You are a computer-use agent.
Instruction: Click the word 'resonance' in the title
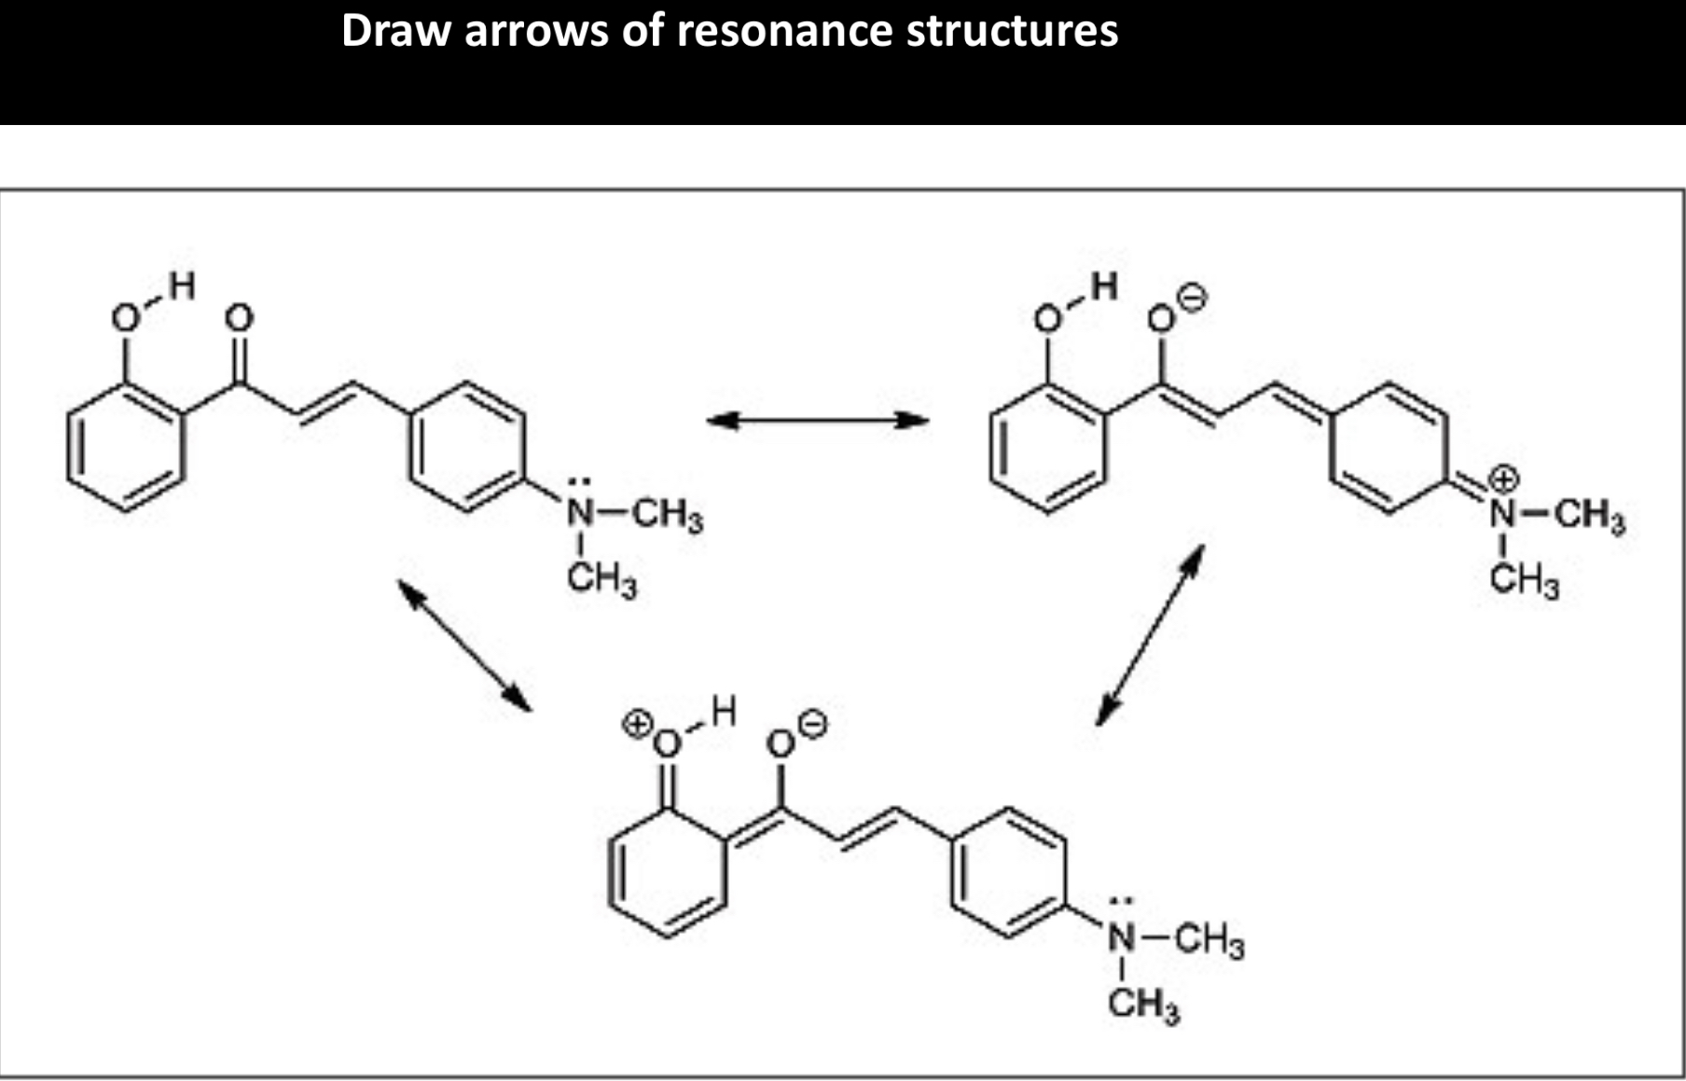click(786, 31)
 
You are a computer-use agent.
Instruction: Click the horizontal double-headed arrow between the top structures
click(817, 420)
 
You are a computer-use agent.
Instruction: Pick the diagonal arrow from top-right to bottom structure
click(1150, 635)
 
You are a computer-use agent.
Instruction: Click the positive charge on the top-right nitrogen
click(1503, 479)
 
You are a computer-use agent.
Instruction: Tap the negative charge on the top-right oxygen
click(1192, 298)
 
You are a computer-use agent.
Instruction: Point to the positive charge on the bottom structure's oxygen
click(638, 725)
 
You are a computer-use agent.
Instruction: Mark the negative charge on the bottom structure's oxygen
click(812, 724)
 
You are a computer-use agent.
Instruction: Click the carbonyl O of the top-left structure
click(240, 319)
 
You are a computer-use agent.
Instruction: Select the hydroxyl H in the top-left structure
click(182, 285)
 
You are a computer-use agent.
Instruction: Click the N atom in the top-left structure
click(581, 514)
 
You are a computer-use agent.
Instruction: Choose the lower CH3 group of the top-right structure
click(1524, 580)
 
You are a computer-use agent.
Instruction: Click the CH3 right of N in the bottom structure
click(1209, 940)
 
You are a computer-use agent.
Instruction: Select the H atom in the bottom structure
click(723, 712)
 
